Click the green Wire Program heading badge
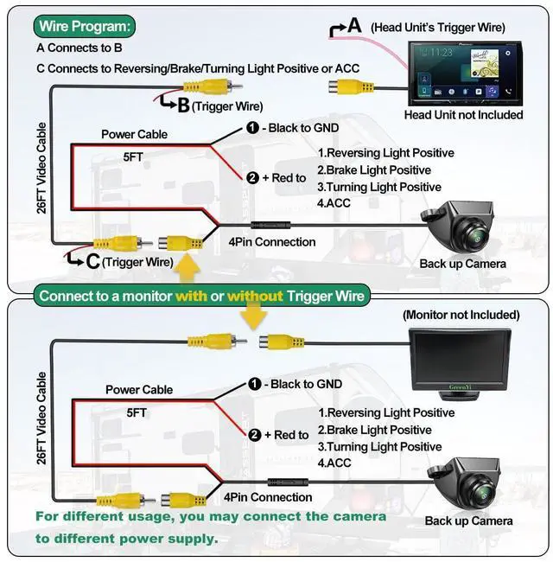(84, 26)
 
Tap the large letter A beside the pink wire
(354, 26)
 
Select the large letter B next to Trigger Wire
(183, 105)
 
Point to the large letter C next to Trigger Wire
(92, 261)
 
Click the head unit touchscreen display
(465, 73)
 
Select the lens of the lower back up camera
(483, 494)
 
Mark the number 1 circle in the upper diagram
(253, 128)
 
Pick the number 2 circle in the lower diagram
(254, 435)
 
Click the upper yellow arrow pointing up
(187, 267)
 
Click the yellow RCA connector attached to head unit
(351, 86)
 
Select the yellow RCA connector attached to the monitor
(282, 341)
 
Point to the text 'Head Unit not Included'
(463, 115)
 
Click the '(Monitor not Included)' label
(461, 315)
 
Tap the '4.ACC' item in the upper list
(334, 203)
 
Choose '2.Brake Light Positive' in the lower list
(374, 430)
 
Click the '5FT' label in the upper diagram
(133, 157)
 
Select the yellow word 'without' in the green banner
(255, 296)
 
